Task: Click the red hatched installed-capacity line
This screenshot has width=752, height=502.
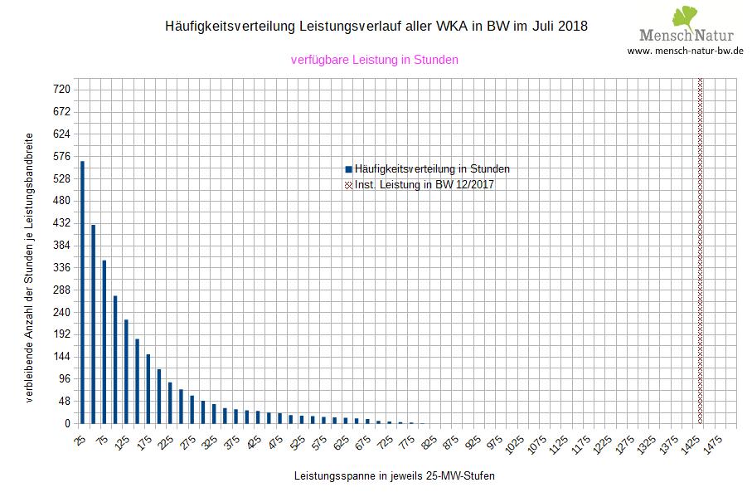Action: point(701,249)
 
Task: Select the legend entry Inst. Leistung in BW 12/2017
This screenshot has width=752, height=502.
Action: point(424,185)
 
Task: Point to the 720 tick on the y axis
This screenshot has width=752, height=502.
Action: point(62,90)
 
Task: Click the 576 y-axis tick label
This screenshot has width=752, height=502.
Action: point(62,156)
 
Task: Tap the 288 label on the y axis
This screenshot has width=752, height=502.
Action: point(62,290)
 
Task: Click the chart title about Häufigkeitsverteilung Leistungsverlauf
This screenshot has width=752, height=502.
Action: point(377,27)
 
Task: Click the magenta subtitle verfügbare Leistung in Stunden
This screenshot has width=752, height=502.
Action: point(375,60)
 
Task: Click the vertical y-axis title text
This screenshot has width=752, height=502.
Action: point(29,266)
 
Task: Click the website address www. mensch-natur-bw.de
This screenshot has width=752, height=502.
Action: point(685,51)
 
